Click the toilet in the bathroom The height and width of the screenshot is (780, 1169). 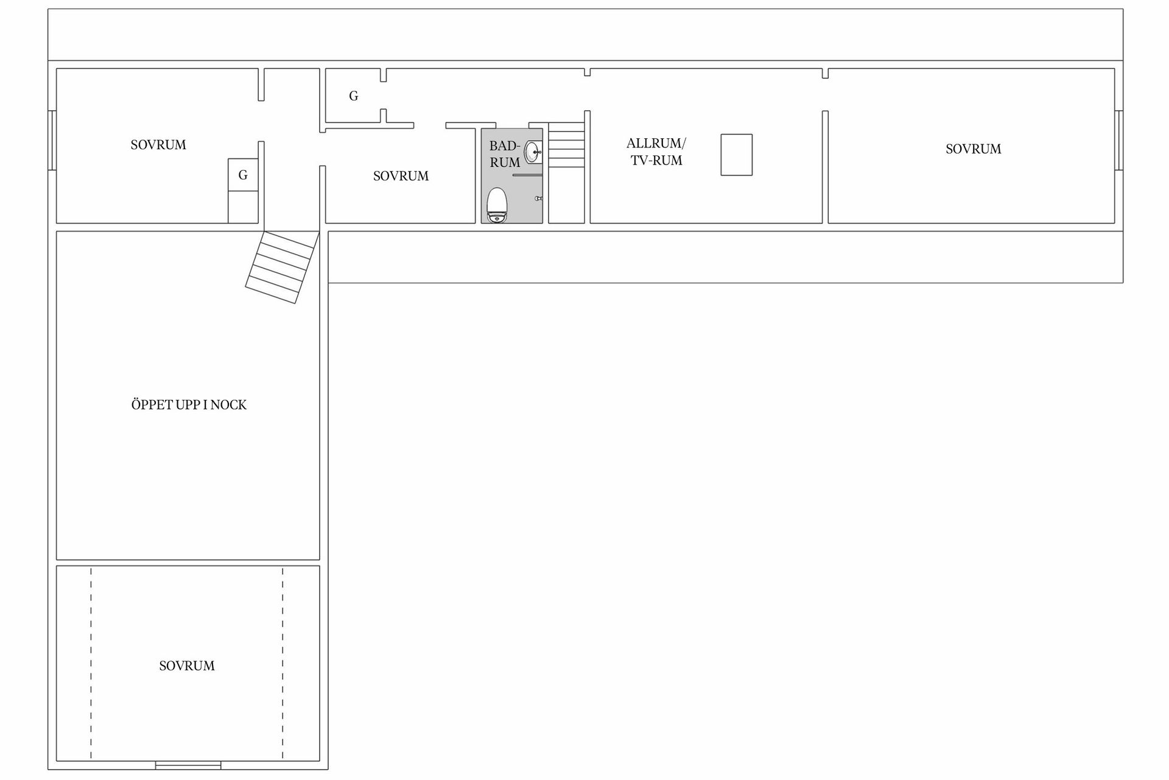497,205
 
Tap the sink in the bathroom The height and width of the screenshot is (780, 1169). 533,152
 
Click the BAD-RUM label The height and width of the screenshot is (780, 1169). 505,154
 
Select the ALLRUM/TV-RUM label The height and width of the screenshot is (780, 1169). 656,152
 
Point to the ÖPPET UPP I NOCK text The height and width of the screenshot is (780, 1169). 189,405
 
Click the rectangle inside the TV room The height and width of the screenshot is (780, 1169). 737,155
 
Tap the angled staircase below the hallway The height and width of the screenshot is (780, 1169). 282,267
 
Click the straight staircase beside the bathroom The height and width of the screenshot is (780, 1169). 566,145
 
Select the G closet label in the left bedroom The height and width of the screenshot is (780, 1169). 243,175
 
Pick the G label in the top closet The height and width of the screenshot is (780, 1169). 353,96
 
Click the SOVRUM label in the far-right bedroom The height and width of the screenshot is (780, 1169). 973,149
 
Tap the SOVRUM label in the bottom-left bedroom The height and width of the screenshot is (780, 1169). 187,665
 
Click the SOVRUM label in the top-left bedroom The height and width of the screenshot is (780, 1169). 158,144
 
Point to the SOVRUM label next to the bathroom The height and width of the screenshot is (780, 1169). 401,175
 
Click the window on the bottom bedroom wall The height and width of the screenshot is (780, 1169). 188,765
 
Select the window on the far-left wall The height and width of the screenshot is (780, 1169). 52,140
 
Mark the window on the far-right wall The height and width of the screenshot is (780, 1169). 1119,140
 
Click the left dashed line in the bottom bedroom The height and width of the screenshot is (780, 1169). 91,663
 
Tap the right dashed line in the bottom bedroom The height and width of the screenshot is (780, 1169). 283,663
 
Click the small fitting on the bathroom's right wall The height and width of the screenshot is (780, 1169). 538,198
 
